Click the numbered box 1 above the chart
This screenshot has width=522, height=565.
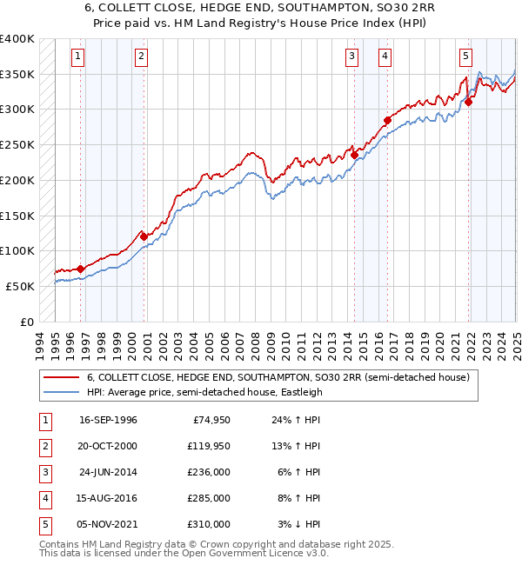click(x=77, y=57)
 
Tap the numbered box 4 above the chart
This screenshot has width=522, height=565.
click(x=384, y=57)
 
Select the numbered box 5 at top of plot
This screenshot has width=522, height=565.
click(x=465, y=57)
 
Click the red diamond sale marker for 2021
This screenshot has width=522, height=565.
click(x=468, y=102)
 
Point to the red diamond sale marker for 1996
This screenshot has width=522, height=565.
click(x=80, y=269)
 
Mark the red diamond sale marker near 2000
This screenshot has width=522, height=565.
click(x=144, y=236)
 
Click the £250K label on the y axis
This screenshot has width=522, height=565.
click(x=17, y=144)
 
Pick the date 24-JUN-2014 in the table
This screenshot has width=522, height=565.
click(x=108, y=473)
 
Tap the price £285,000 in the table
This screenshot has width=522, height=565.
click(x=209, y=499)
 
